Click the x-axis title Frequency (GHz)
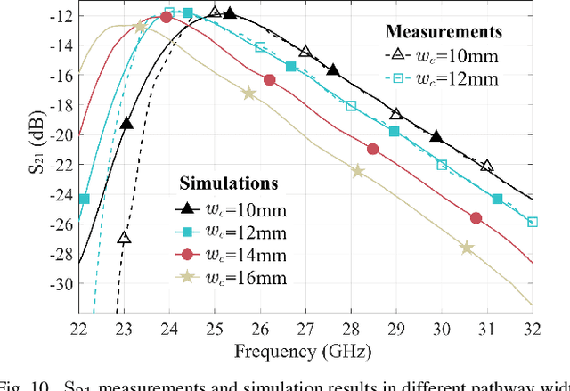point(304,350)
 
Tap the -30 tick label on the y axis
point(59,285)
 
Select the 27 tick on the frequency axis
point(305,327)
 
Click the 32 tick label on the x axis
point(532,327)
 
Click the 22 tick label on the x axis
point(79,327)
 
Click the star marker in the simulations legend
point(186,277)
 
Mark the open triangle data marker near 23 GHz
point(125,238)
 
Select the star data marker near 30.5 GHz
point(467,248)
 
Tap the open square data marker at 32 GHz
point(533,222)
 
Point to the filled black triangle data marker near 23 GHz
point(126,124)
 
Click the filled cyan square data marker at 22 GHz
point(84,199)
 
